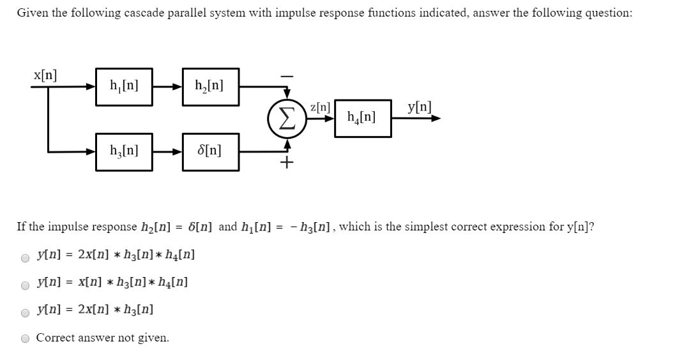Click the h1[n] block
(124, 86)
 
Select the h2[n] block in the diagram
(210, 86)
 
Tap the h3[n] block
(124, 152)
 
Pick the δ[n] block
(210, 152)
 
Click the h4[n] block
(362, 117)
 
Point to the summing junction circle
(286, 119)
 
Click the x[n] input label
(45, 75)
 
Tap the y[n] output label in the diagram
(420, 107)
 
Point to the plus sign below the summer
(287, 163)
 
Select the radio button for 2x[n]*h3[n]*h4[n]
(25, 258)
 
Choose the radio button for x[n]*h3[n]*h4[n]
(25, 285)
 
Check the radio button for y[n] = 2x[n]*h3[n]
(25, 312)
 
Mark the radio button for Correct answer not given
(25, 339)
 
